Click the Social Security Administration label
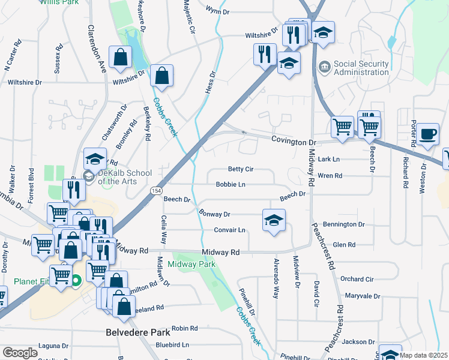(361, 68)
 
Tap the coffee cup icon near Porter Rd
(429, 134)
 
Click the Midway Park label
(191, 264)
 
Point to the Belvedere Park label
(138, 332)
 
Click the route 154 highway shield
(156, 190)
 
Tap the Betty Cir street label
(240, 170)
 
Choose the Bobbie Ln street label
(231, 185)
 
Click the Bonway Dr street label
(214, 214)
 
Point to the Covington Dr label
(293, 142)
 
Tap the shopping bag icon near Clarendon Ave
(121, 58)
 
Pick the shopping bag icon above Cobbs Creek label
(162, 76)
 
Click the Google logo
(20, 353)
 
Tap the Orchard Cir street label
(357, 279)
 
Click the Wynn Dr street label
(217, 11)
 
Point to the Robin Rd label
(184, 329)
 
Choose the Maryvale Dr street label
(363, 296)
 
